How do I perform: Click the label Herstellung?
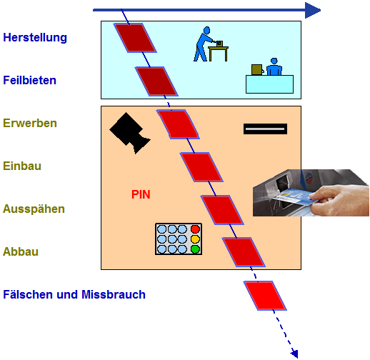pos(35,38)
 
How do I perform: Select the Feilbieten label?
pos(30,80)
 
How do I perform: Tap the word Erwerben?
pos(30,123)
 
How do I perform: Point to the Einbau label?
pos(22,166)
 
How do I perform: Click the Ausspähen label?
pos(34,209)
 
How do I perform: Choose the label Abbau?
pos(21,251)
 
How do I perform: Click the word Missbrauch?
pos(114,294)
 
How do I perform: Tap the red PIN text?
pos(141,194)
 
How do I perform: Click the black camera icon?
pos(130,133)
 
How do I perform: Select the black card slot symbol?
pos(265,129)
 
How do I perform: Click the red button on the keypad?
pos(195,229)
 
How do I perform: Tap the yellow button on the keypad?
pos(195,239)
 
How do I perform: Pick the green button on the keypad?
pos(195,249)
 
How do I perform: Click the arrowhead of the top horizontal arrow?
pos(313,10)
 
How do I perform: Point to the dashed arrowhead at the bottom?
pos(295,354)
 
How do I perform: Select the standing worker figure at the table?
pos(203,44)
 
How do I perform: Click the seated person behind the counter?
pos(274,66)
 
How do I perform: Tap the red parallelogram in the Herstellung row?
pos(135,38)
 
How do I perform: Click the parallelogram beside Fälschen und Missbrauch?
pos(265,296)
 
